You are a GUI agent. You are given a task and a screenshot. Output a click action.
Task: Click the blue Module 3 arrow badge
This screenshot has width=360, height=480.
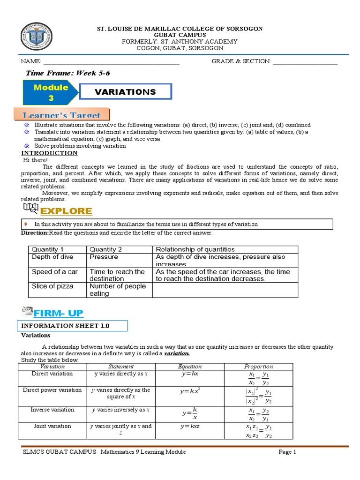point(51,92)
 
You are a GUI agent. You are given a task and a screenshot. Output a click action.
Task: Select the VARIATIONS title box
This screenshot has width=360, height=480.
point(125,92)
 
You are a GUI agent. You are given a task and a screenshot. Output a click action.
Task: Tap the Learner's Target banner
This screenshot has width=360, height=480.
point(66,115)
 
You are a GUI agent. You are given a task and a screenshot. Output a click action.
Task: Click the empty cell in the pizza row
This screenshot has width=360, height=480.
point(225,290)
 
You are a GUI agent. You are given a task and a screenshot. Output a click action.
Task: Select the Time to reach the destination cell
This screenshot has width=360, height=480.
point(119,275)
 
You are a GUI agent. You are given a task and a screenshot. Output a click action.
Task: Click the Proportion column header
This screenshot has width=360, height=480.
point(258,367)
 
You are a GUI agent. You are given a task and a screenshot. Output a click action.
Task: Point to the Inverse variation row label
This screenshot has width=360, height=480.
point(52,410)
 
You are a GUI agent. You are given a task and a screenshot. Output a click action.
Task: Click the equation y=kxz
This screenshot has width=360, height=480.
point(190,426)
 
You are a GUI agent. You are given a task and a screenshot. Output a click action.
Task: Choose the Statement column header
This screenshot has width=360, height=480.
point(121,367)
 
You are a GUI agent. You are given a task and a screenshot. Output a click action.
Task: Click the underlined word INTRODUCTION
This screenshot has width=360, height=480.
point(50,153)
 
